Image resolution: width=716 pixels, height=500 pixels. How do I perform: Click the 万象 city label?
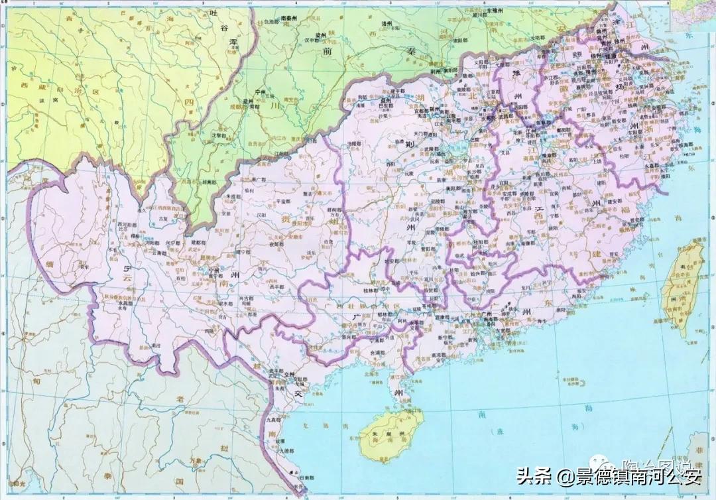194,459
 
